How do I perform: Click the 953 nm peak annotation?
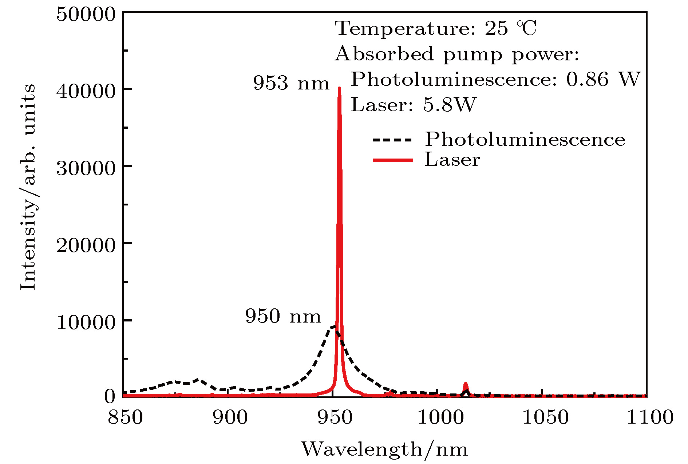tap(291, 83)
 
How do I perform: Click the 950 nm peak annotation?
tap(283, 316)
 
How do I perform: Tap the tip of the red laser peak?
tap(339, 88)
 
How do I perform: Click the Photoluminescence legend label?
tap(525, 139)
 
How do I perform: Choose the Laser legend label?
tap(452, 160)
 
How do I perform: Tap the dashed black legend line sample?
tap(392, 140)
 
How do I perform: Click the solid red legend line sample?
tap(392, 160)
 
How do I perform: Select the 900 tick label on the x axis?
tap(230, 417)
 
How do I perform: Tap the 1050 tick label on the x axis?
tap(545, 417)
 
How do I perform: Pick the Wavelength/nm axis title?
tap(384, 449)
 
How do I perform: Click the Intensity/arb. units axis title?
tap(28, 188)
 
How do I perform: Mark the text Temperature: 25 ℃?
tap(435, 28)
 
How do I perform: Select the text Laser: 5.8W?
tap(414, 105)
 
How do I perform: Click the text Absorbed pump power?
tap(457, 54)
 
